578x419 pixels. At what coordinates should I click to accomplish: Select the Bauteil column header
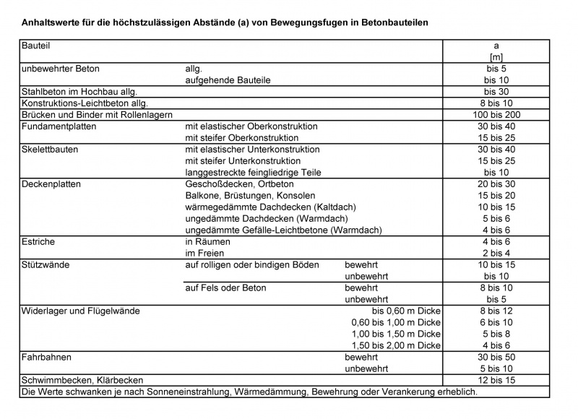click(36, 46)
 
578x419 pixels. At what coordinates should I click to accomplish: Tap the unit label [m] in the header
click(496, 57)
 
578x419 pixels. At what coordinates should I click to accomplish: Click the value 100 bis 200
click(496, 115)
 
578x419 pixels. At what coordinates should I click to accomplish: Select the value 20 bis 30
click(496, 184)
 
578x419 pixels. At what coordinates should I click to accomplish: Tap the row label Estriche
click(38, 242)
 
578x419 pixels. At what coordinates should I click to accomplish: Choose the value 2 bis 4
click(496, 254)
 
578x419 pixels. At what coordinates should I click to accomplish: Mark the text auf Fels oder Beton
click(226, 288)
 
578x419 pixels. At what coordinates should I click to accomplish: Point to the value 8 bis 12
click(496, 311)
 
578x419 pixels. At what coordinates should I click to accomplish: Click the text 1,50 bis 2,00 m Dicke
click(396, 346)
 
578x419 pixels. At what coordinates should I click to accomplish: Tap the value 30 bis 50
click(496, 358)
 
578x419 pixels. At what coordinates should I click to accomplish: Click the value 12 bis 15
click(496, 380)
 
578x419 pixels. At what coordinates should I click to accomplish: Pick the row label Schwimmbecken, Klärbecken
click(82, 380)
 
